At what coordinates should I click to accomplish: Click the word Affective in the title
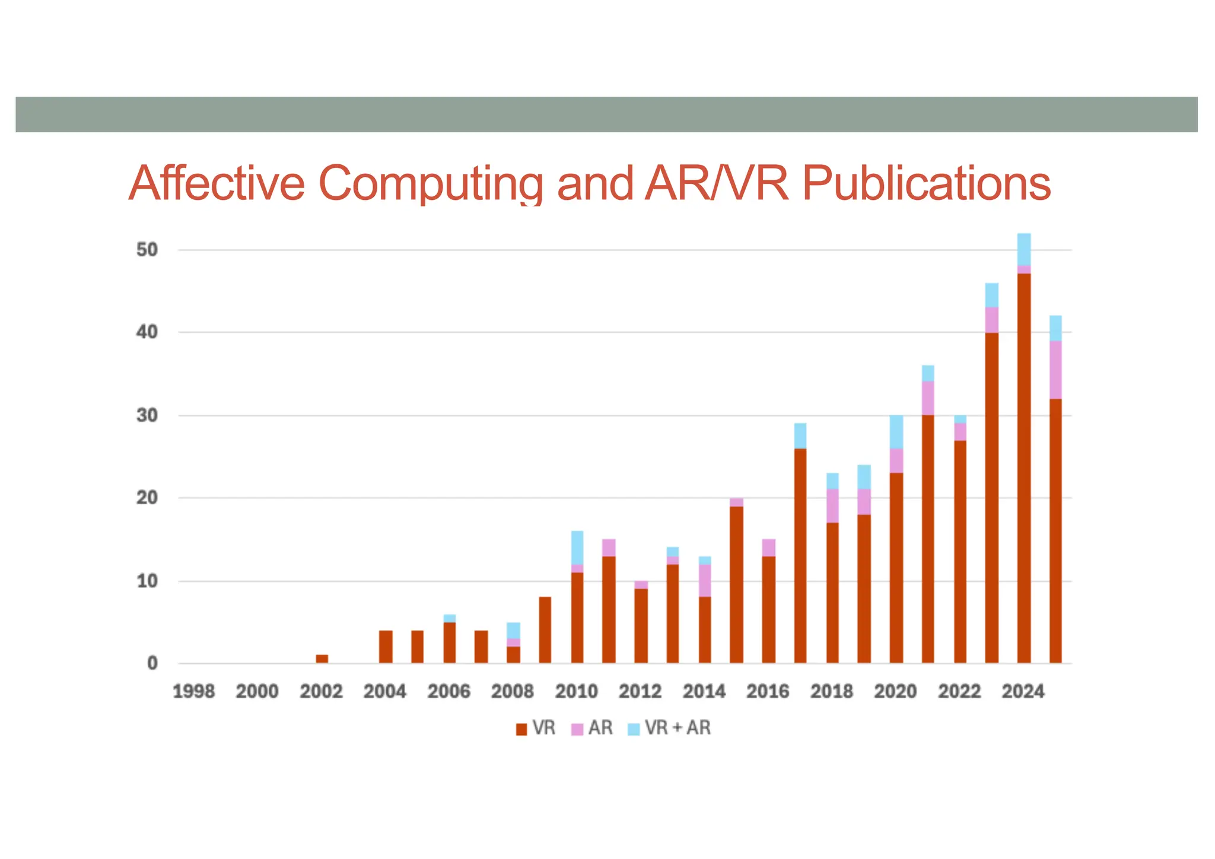click(216, 183)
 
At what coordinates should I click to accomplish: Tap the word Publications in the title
click(926, 183)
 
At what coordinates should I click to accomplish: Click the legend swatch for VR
click(521, 729)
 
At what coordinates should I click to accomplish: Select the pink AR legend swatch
click(577, 729)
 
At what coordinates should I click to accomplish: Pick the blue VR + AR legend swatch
click(634, 729)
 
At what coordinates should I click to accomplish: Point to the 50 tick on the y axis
click(147, 250)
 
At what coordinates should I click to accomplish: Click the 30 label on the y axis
click(147, 415)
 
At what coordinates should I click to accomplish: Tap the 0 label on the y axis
click(152, 663)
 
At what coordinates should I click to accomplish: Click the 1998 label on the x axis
click(193, 692)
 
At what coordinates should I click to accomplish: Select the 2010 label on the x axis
click(576, 692)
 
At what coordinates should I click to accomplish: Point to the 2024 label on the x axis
click(1023, 692)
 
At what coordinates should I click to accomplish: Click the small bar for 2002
click(322, 659)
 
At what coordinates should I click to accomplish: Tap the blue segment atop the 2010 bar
click(577, 548)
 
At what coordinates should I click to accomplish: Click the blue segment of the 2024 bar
click(1024, 249)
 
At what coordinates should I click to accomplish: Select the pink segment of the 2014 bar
click(705, 580)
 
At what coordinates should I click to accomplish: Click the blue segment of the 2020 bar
click(896, 432)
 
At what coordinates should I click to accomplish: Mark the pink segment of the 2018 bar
click(832, 505)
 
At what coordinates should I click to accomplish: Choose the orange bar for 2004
click(386, 647)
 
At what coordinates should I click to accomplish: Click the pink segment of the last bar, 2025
click(1055, 370)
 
